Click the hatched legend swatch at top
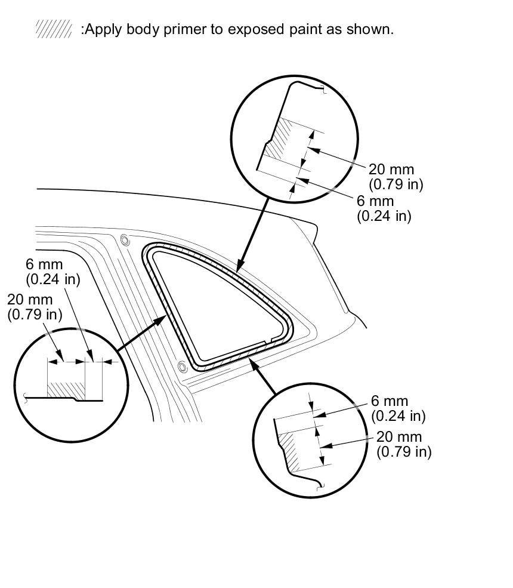click(x=54, y=29)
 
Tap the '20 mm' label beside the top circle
click(x=391, y=170)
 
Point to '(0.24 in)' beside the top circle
click(x=384, y=216)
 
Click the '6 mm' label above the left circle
click(x=44, y=264)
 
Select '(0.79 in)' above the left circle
click(x=35, y=314)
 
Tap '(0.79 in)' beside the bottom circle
click(x=404, y=451)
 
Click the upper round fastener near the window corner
click(x=125, y=240)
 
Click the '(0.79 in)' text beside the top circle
click(x=395, y=184)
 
